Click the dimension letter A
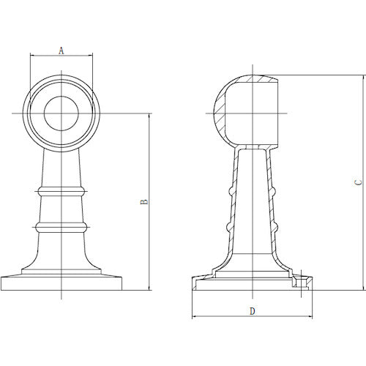[x=61, y=51]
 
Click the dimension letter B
[x=144, y=202]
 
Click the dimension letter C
[x=358, y=182]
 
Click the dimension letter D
[x=253, y=311]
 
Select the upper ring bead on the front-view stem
[x=61, y=192]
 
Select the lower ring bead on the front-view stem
[x=61, y=227]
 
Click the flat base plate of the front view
[x=61, y=283]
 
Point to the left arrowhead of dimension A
[x=31, y=56]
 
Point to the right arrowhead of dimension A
[x=91, y=56]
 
